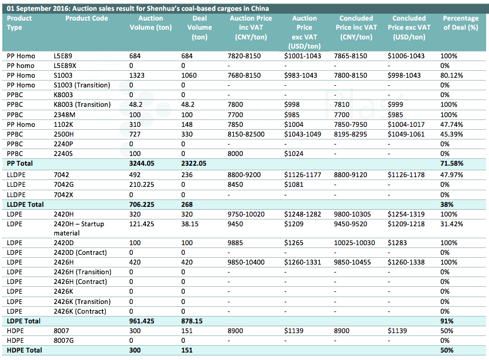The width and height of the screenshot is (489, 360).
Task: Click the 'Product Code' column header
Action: [87, 18]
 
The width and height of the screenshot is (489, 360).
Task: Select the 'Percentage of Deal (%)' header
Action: [460, 23]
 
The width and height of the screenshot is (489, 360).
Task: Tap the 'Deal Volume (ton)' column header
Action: [200, 27]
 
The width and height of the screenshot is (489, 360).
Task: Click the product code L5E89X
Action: [65, 66]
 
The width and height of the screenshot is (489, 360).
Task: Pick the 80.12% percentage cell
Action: [452, 75]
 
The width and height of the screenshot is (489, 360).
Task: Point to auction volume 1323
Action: [137, 75]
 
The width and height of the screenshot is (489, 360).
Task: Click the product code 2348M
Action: [65, 115]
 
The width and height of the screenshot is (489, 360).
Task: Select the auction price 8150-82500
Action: [246, 134]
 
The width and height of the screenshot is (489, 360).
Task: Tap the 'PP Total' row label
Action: [19, 163]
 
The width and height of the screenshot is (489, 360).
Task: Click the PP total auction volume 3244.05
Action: [142, 163]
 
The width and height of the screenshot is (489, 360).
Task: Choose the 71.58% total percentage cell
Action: [452, 163]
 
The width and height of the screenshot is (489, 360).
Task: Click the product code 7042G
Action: [63, 185]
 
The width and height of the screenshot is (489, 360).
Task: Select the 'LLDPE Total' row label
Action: [25, 205]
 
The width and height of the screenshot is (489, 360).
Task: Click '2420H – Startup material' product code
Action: [79, 229]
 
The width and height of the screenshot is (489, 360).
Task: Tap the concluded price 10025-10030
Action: [355, 243]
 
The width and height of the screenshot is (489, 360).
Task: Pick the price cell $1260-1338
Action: [406, 262]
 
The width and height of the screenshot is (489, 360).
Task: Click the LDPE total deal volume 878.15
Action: [192, 321]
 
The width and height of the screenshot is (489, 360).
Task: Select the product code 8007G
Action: [63, 341]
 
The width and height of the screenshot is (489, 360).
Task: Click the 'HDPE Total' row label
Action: [25, 350]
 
